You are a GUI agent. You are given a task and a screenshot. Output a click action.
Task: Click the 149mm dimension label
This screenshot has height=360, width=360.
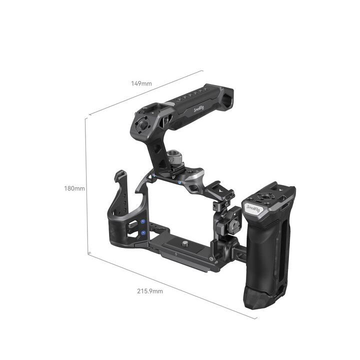coord(141,83)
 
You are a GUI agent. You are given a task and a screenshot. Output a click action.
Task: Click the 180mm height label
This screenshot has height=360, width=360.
coord(74,188)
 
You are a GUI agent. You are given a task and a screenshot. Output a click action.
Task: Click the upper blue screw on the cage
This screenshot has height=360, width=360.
coord(142,221)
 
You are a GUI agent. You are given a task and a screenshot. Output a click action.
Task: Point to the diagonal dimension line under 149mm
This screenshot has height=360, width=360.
coord(145,93)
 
